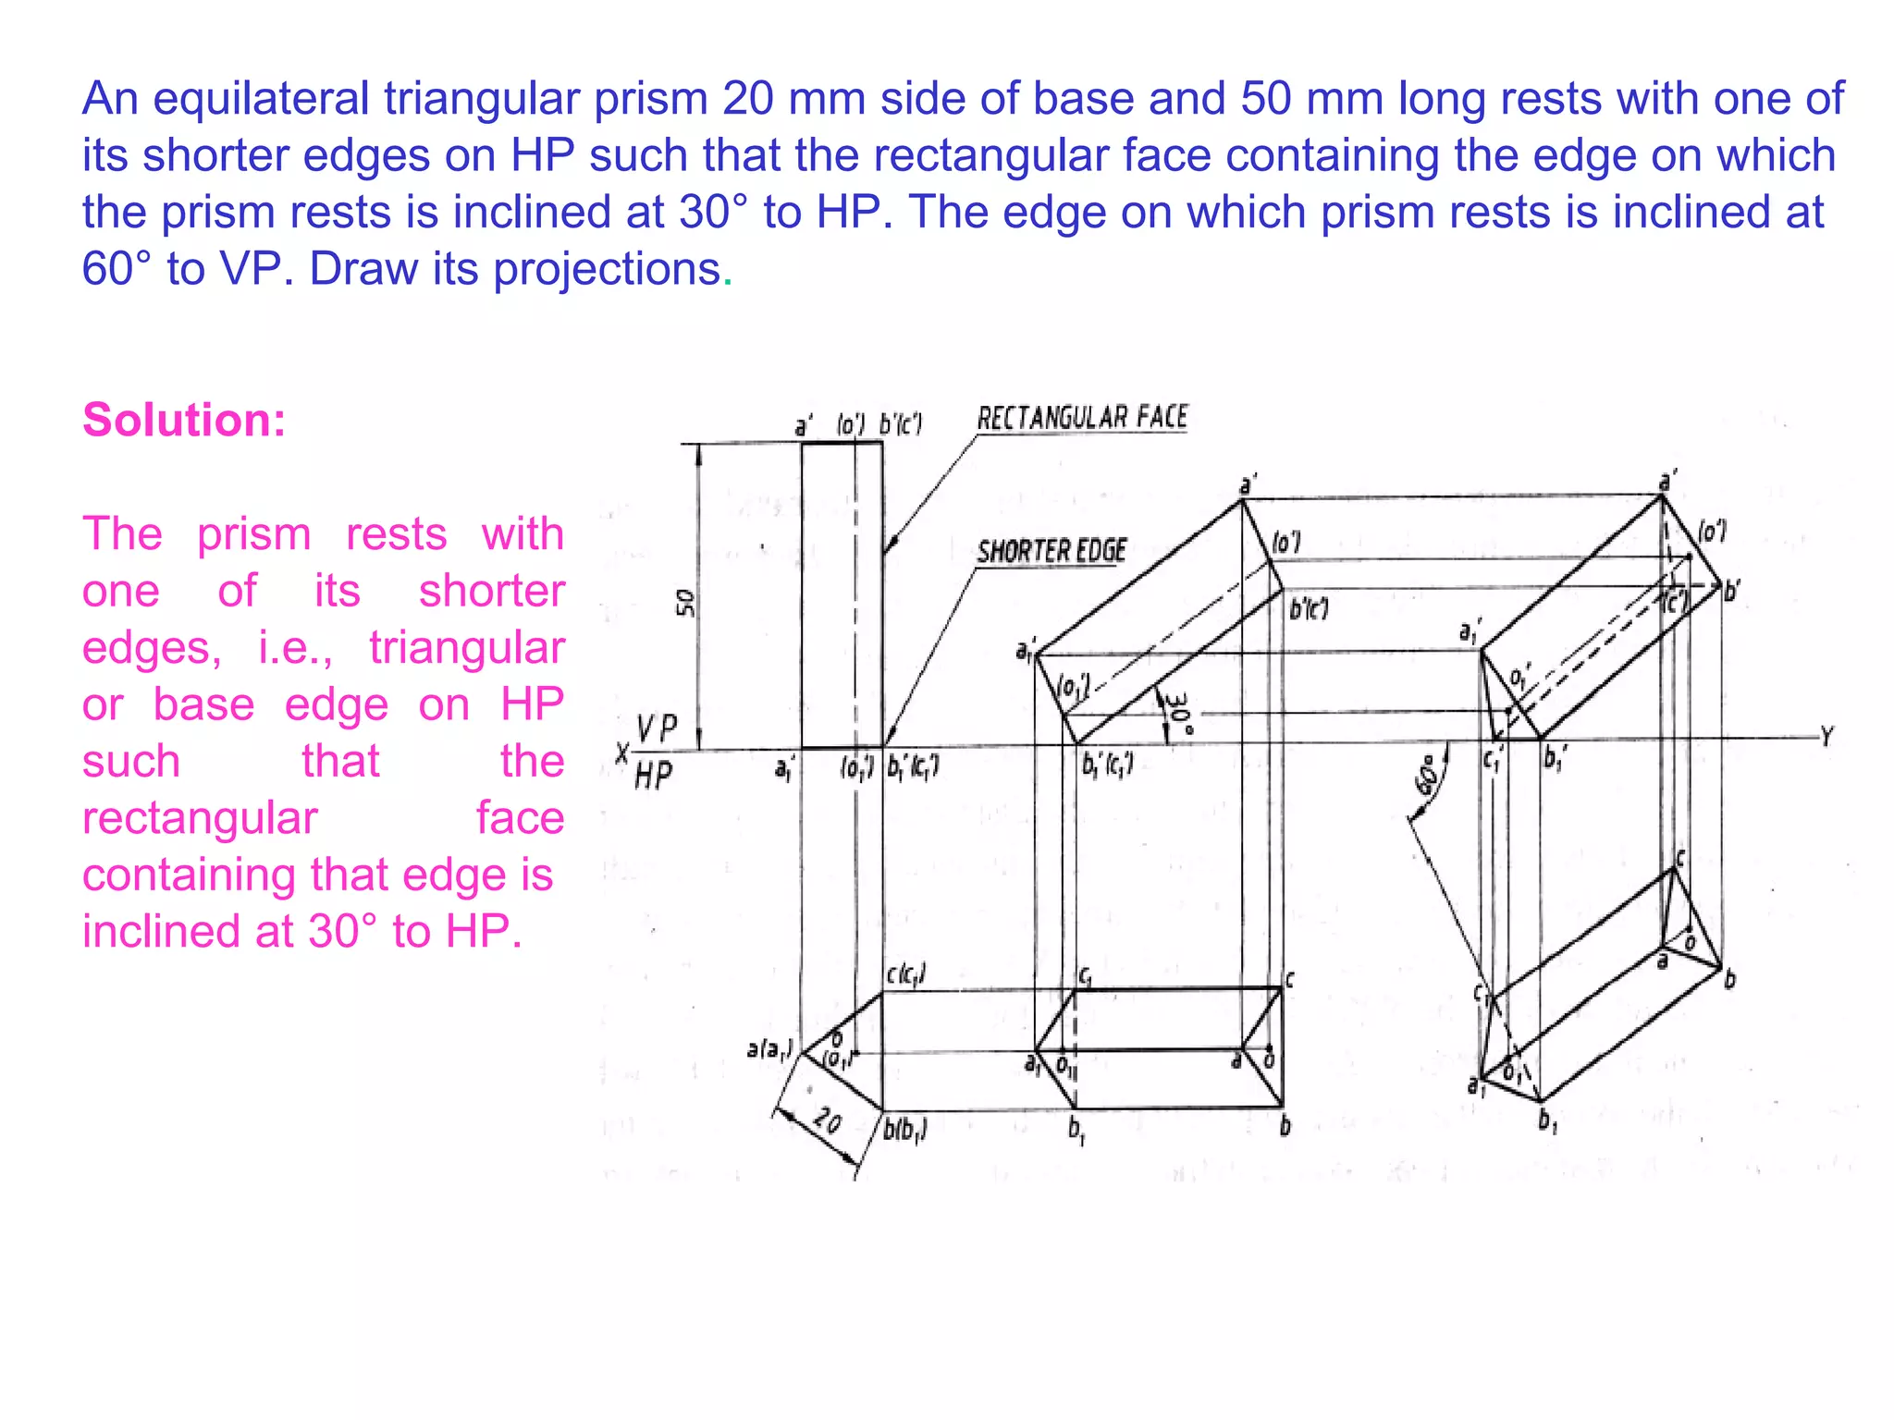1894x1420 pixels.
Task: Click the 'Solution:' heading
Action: point(184,421)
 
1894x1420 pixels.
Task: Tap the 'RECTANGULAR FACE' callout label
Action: point(1082,419)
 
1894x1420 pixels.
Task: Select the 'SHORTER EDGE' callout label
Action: point(1052,552)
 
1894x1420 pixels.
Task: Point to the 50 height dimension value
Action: point(685,603)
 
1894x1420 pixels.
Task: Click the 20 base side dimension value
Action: point(827,1121)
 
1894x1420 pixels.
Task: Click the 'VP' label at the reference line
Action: point(658,728)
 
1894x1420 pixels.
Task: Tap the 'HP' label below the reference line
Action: point(654,776)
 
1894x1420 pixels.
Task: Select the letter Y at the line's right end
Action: point(1826,737)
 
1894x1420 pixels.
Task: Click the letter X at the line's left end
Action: point(622,753)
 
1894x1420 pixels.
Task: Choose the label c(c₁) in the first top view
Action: point(906,974)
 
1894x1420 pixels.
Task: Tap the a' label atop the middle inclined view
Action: point(1248,485)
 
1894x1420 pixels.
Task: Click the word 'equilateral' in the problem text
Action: point(261,99)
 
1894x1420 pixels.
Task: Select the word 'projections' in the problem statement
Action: point(607,269)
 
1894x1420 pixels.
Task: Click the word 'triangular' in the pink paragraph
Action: point(467,647)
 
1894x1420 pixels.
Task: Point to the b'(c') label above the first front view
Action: point(900,424)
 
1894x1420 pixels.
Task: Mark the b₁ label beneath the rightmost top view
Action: point(1547,1121)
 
